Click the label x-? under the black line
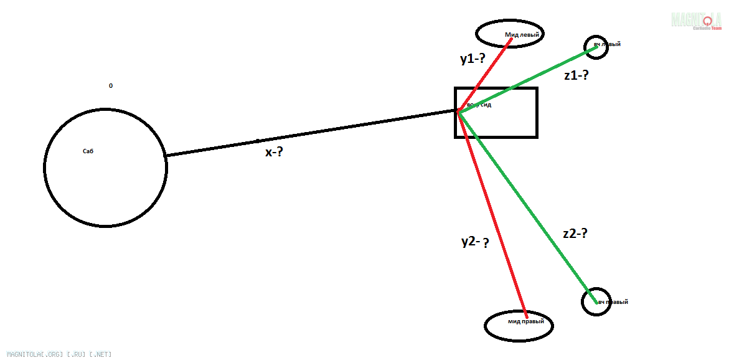pyautogui.click(x=274, y=151)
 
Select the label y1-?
pyautogui.click(x=472, y=59)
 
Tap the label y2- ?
pyautogui.click(x=474, y=242)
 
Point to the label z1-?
pyautogui.click(x=576, y=75)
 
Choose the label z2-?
pyautogui.click(x=575, y=234)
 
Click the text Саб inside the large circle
pyautogui.click(x=88, y=151)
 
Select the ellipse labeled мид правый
pyautogui.click(x=519, y=325)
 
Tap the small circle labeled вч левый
pyautogui.click(x=596, y=47)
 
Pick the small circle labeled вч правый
pyautogui.click(x=596, y=301)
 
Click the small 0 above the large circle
pyautogui.click(x=111, y=86)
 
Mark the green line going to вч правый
pyautogui.click(x=523, y=206)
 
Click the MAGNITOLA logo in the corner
pyautogui.click(x=696, y=21)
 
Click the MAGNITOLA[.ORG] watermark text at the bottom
pyautogui.click(x=59, y=354)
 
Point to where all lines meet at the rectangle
pyautogui.click(x=458, y=112)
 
